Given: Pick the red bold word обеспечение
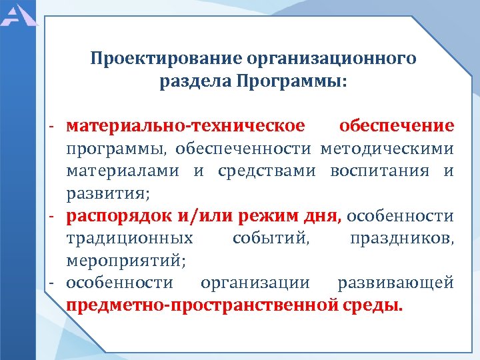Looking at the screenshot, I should (397, 125).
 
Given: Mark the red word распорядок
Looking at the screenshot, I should (117, 216).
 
